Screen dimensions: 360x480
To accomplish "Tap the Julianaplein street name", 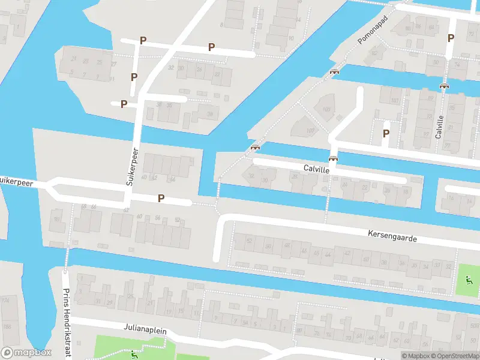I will (x=145, y=329).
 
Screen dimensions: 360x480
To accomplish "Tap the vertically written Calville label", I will (x=440, y=127).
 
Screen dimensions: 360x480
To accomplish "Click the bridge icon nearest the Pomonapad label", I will (x=334, y=72).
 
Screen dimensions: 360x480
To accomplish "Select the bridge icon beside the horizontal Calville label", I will (x=333, y=159).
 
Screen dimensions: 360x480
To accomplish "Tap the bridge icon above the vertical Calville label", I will (x=444, y=86).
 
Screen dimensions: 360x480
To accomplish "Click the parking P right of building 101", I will (x=386, y=133).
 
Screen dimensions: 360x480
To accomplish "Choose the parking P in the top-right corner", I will (x=451, y=37).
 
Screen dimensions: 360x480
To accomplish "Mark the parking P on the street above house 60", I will (x=161, y=198).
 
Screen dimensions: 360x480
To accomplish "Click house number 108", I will (x=326, y=109).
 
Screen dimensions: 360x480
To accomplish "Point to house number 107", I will (x=310, y=130).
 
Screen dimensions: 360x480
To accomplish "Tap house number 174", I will (x=6, y=299).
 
